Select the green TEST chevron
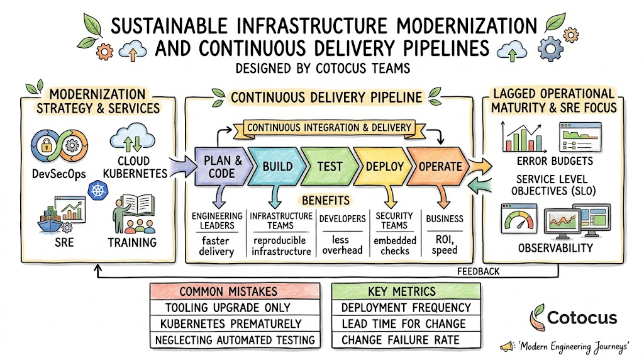click(329, 166)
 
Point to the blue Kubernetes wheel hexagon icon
click(97, 190)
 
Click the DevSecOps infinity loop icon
click(60, 146)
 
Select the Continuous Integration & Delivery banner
click(329, 128)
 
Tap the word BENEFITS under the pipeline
click(326, 200)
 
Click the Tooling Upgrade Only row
click(235, 307)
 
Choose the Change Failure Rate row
click(406, 340)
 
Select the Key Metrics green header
click(406, 291)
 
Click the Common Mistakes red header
click(235, 291)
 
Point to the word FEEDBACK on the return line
click(479, 271)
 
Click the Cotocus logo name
click(582, 317)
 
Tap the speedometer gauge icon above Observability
click(519, 218)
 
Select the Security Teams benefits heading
click(394, 220)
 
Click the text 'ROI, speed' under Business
click(445, 245)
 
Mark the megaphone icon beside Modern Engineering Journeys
click(508, 346)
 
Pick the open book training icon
click(138, 203)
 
